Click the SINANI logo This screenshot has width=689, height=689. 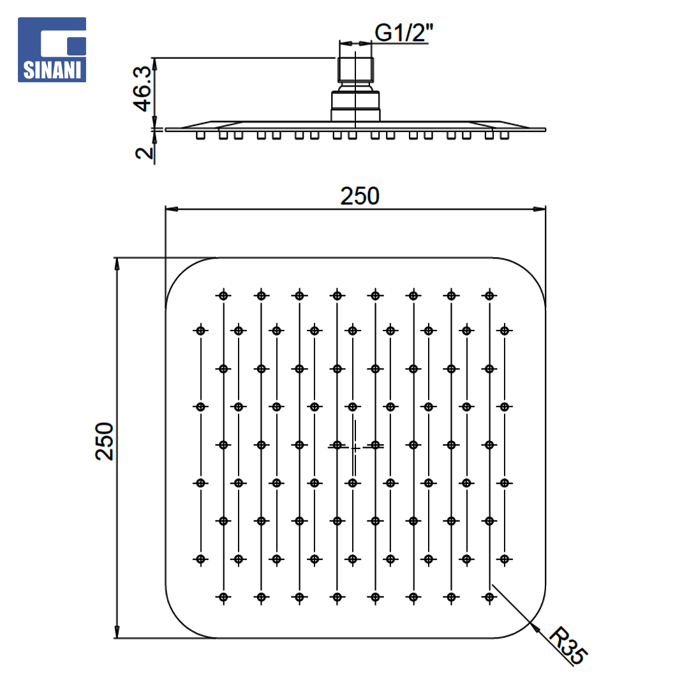52,50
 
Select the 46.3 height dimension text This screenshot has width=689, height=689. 142,89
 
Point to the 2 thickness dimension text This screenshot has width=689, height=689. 144,152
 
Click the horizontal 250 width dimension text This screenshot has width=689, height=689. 360,196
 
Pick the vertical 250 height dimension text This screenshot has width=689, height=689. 105,441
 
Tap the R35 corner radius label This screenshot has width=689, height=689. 568,644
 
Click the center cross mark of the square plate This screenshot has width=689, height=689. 355,448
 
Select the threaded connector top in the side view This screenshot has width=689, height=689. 355,70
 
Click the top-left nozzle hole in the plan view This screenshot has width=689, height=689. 224,296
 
